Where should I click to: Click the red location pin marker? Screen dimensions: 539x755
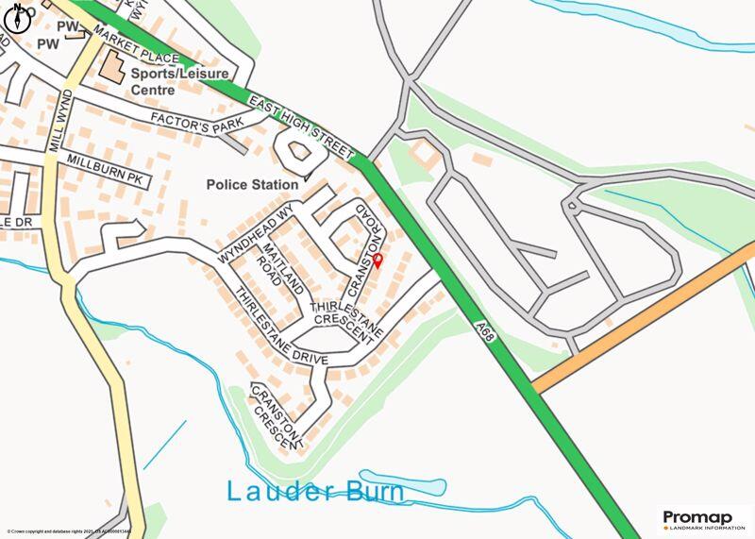click(x=377, y=261)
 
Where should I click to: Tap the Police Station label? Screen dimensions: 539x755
click(x=252, y=185)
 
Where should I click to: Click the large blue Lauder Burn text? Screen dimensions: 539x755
click(x=315, y=492)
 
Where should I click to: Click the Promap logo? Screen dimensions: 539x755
click(x=703, y=518)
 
